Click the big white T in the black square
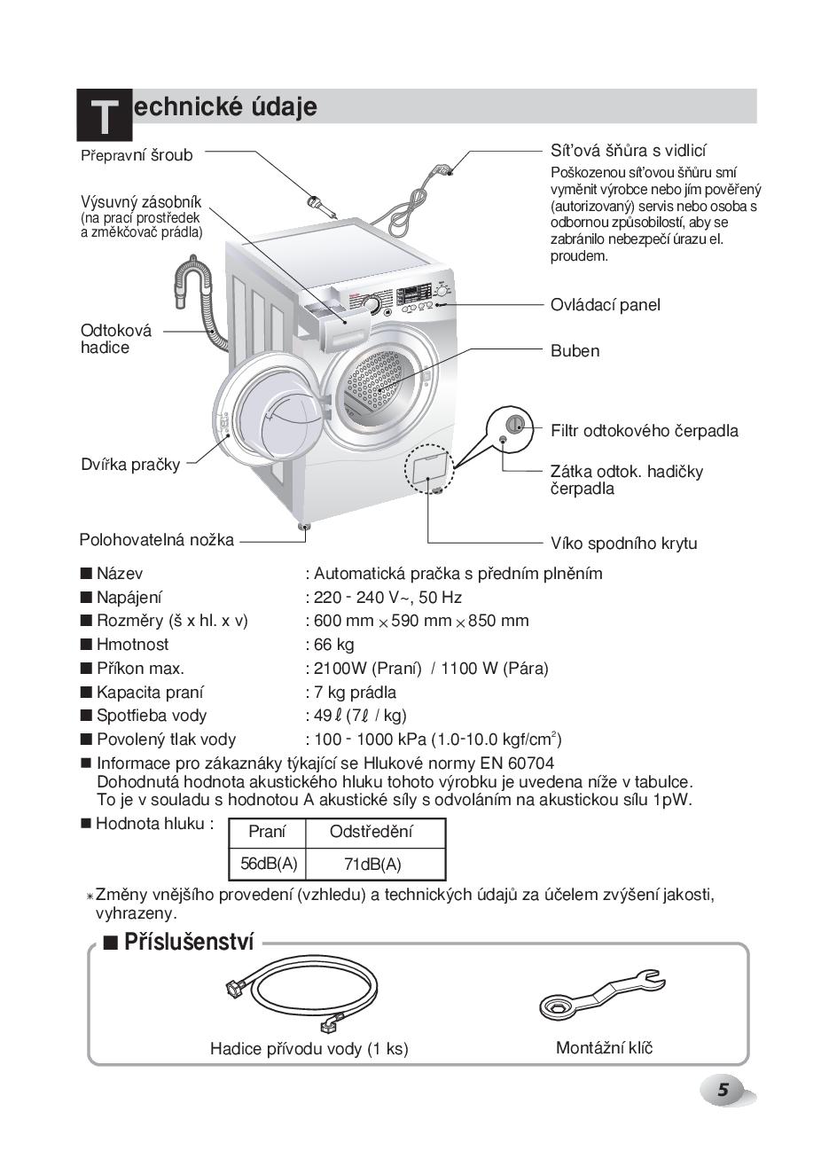(105, 117)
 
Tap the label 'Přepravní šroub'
(137, 155)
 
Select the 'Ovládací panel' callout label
(605, 305)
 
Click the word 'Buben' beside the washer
(575, 351)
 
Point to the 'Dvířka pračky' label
(130, 464)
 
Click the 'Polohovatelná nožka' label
(157, 539)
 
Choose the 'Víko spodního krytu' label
(623, 544)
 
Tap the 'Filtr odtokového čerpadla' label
(644, 431)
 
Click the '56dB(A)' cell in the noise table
(268, 863)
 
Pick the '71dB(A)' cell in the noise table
(372, 864)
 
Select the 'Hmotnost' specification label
(132, 645)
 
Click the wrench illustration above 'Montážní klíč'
(602, 994)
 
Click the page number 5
(724, 1091)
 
